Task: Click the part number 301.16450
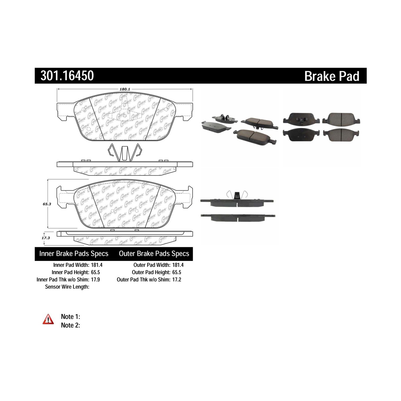67,76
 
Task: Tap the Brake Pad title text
332,76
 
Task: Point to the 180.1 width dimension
125,90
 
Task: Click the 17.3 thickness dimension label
46,238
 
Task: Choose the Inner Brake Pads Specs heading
74,254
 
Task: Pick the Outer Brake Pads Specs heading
154,254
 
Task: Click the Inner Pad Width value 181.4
97,265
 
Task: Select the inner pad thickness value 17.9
95,279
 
